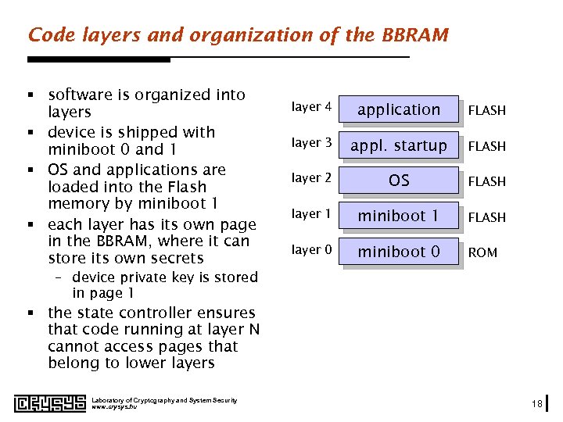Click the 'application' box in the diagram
point(399,110)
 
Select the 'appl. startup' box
point(399,145)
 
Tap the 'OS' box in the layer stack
point(399,181)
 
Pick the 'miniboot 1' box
point(399,216)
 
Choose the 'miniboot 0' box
point(399,252)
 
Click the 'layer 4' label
point(311,107)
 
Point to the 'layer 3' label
point(311,142)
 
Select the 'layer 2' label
point(311,178)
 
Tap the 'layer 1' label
point(311,213)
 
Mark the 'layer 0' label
point(311,249)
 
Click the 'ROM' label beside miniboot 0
point(482,252)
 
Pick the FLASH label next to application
point(486,111)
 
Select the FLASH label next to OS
point(486,181)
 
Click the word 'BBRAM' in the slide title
point(415,35)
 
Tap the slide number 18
point(536,403)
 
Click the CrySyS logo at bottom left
point(46,403)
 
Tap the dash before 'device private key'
point(62,277)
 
